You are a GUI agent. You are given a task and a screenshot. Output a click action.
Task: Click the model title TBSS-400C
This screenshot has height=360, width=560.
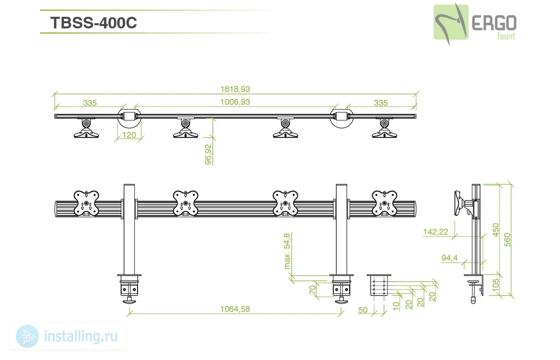pos(94,23)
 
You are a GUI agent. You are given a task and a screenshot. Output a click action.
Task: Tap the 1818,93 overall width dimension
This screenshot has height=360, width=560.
pos(235,89)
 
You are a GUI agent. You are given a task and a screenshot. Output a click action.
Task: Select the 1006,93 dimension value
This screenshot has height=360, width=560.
pos(235,102)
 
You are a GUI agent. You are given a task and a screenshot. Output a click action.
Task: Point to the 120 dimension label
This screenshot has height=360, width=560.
pos(129,135)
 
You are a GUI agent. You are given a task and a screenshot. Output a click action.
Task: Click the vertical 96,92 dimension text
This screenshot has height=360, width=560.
pos(208,154)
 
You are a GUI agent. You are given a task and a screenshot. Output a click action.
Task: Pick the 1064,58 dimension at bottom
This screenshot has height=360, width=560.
pos(235,309)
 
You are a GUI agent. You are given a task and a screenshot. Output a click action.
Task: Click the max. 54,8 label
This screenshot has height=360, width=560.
pos(287,251)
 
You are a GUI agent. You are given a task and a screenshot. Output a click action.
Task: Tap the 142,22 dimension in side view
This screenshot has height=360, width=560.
pos(436,232)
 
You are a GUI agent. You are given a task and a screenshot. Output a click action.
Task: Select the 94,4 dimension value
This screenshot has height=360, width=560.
pos(449,258)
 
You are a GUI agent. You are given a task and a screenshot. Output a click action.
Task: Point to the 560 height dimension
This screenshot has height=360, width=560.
pos(507,240)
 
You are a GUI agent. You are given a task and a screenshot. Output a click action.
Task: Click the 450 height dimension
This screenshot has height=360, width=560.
pos(496,230)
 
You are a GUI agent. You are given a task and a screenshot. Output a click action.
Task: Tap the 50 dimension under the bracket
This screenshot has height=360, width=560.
pos(363,310)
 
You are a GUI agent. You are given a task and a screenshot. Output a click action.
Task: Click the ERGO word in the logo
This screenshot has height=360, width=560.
pos(494,23)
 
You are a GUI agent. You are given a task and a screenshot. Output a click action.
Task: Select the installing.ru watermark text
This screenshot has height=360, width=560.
pos(81,336)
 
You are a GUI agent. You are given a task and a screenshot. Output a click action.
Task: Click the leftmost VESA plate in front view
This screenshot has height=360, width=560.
pos(86,203)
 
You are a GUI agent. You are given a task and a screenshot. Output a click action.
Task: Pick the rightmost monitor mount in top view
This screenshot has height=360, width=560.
pos(384,128)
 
